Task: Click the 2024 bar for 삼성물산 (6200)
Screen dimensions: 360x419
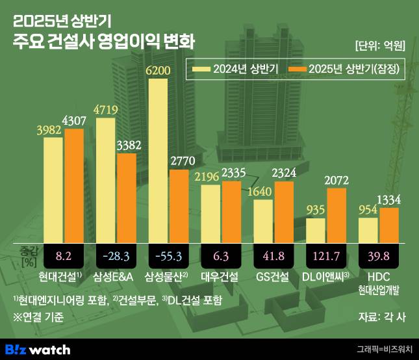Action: pyautogui.click(x=159, y=161)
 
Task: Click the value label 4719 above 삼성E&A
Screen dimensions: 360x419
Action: pyautogui.click(x=107, y=109)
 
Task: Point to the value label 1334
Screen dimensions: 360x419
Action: pyautogui.click(x=389, y=199)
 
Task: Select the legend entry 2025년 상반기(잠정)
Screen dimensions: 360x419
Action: pyautogui.click(x=345, y=68)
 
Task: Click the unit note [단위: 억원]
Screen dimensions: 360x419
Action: pyautogui.click(x=381, y=45)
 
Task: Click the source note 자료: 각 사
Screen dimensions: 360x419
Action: pyautogui.click(x=382, y=318)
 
